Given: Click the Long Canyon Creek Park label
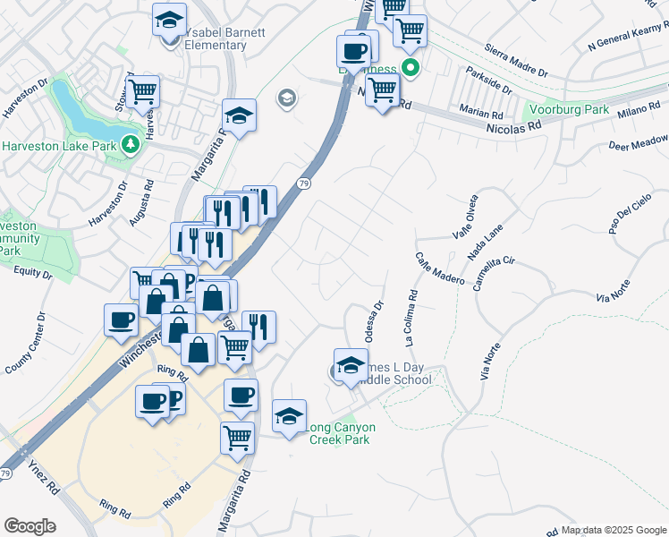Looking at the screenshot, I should (341, 433).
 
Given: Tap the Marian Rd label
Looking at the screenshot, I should (484, 114).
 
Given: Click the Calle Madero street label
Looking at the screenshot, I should (440, 268).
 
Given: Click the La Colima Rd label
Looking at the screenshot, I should (410, 318).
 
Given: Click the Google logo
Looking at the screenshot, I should (30, 526).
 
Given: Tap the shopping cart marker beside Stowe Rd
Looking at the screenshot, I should (142, 92).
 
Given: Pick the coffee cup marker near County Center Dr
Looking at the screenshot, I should (121, 320).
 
